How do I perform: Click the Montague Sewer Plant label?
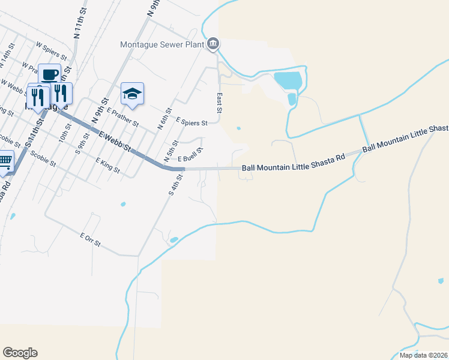[x=162, y=44]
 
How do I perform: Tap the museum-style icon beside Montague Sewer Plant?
[x=213, y=43]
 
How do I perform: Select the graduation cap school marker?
[x=132, y=94]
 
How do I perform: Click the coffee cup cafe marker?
[x=49, y=75]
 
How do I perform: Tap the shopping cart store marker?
[x=5, y=161]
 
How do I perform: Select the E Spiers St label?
[x=191, y=122]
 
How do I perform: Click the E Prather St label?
[x=123, y=118]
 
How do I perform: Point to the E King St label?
[x=107, y=166]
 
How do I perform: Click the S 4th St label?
[x=174, y=191]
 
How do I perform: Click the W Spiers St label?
[x=50, y=49]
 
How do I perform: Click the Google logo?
[x=20, y=353]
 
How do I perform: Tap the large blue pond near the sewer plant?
[x=288, y=80]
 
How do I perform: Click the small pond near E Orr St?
[x=173, y=240]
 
